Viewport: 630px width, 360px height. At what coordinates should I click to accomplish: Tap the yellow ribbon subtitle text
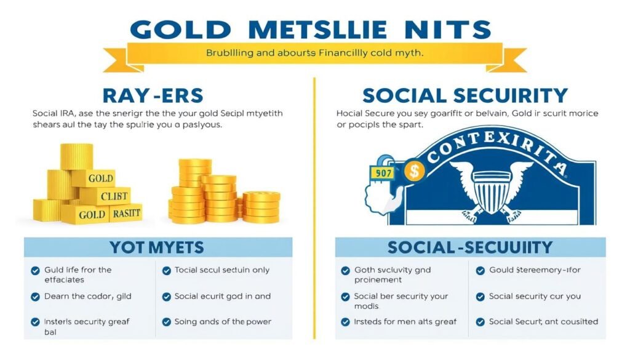[314, 54]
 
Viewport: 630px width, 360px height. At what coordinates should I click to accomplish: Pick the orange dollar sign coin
[415, 170]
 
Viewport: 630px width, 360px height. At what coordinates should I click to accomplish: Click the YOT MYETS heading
[156, 247]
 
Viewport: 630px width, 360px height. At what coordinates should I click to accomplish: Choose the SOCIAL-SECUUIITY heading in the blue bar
[470, 247]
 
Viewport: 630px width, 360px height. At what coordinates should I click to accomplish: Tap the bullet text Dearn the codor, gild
[87, 296]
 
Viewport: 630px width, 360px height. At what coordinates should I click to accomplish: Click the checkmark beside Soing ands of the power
[166, 322]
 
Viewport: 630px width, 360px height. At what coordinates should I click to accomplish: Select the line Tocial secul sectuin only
[221, 270]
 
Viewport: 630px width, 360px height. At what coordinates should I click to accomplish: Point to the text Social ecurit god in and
[222, 296]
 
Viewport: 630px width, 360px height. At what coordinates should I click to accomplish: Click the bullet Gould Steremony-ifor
[535, 270]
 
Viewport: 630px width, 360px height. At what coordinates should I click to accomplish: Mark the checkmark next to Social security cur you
[480, 297]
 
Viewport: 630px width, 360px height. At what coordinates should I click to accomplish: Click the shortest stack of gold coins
[261, 207]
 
